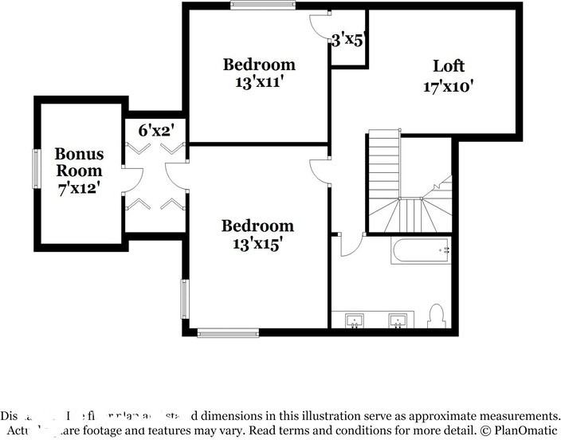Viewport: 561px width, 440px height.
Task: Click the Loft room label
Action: tap(449, 66)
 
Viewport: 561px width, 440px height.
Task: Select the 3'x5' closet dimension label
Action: tap(347, 39)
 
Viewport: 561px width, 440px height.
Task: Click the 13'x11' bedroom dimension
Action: tap(259, 82)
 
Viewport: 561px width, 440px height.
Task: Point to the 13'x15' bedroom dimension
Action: tap(257, 245)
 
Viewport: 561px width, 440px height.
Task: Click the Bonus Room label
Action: tap(78, 162)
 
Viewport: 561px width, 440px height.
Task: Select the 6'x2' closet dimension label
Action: tap(156, 130)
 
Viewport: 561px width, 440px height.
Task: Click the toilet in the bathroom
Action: tap(436, 316)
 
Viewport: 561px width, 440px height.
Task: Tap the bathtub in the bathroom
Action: tap(422, 251)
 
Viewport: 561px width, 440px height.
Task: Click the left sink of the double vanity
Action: tap(354, 320)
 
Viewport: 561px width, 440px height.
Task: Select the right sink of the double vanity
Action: tap(398, 320)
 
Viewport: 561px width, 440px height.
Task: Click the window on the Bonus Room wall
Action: tap(35, 169)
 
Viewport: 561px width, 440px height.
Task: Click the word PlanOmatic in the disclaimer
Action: tap(526, 431)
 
